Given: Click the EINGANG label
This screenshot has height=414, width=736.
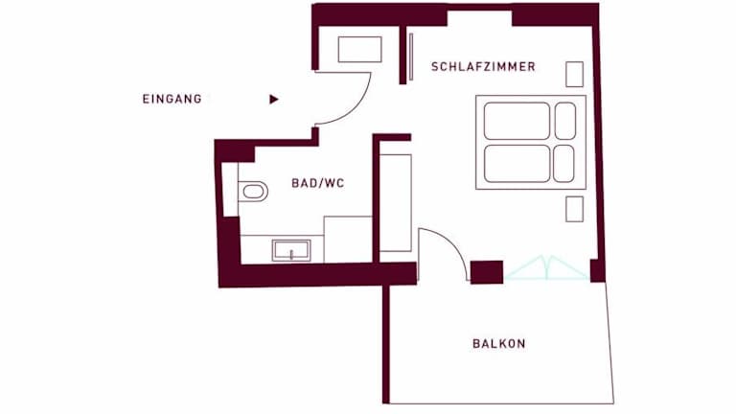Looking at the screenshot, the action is (x=172, y=99).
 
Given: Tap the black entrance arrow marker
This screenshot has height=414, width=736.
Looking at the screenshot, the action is (x=274, y=99).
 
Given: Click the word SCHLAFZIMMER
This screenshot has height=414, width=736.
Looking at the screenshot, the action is (x=483, y=67).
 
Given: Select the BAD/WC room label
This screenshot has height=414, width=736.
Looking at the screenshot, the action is (x=318, y=183).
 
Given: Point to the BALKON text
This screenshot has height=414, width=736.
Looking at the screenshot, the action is (x=499, y=344).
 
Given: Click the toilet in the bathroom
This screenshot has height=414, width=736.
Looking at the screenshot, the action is (x=253, y=191).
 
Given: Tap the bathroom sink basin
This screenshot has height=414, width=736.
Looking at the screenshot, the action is (x=291, y=250).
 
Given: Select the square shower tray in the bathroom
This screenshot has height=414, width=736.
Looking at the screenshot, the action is (x=348, y=240).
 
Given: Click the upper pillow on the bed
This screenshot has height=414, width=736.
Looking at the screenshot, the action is (x=565, y=121).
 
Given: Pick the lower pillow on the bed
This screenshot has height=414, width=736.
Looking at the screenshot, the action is (x=563, y=164).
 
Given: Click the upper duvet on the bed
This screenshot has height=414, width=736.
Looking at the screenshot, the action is (x=517, y=121).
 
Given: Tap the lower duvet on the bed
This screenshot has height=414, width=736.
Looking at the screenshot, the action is (x=517, y=164).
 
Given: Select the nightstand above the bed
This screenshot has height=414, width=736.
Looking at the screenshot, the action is (x=575, y=74).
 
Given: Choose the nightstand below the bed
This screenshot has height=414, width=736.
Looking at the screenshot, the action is (x=575, y=209).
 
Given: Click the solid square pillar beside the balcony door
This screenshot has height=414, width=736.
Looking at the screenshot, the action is (x=487, y=272).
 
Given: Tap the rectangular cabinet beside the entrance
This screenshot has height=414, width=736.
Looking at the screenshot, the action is (x=359, y=49).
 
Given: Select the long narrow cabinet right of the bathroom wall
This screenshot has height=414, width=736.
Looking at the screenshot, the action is (x=396, y=203).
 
